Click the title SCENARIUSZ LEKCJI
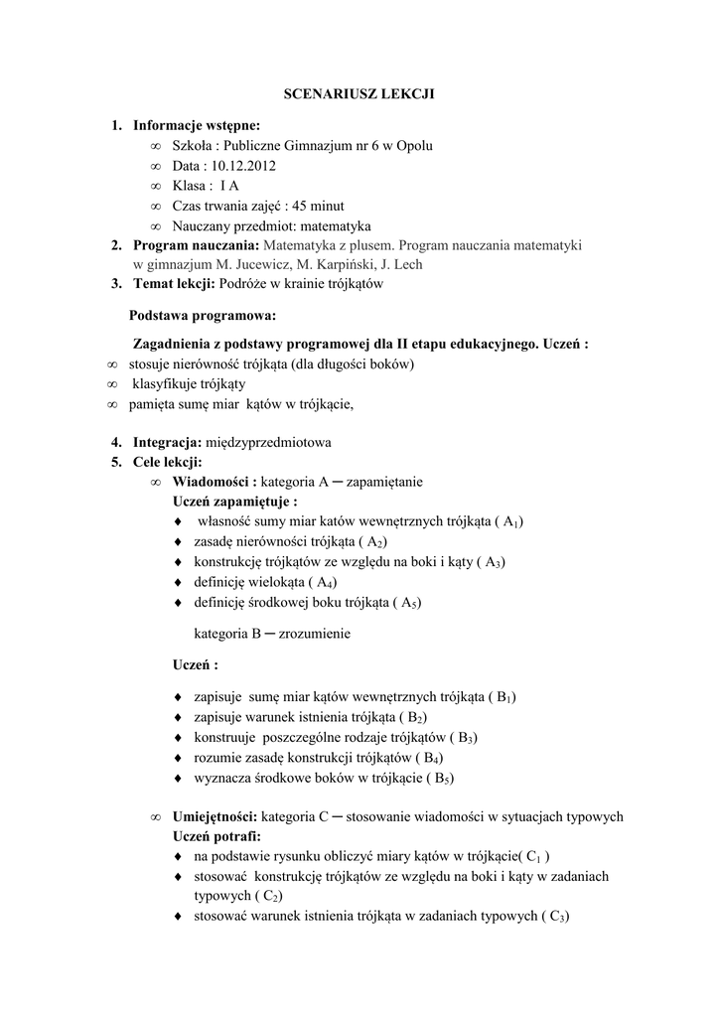[359, 94]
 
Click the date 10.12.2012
[244, 166]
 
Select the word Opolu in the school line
[414, 146]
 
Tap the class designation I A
[229, 186]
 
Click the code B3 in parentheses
[463, 738]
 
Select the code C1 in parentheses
[535, 856]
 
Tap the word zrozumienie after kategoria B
[315, 633]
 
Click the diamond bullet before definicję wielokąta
[177, 582]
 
